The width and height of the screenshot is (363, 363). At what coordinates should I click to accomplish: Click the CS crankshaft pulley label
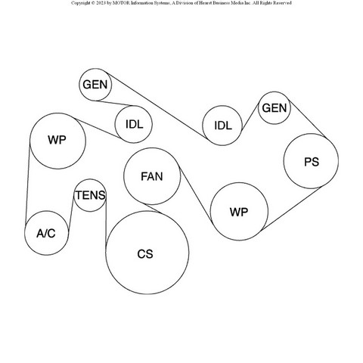coord(145,254)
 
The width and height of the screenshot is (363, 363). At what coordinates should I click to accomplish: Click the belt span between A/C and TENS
coord(71,213)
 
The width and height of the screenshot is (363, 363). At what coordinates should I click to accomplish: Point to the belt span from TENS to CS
coord(106,221)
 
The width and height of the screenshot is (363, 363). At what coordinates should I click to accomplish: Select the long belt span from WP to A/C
coord(28,184)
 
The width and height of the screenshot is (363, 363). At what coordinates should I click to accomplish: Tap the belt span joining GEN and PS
coord(308,119)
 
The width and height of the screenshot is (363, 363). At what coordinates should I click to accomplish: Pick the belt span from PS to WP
coord(291,209)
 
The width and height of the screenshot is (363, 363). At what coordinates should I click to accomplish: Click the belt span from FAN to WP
coord(196,194)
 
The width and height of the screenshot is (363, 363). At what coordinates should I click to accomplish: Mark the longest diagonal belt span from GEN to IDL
coord(157,106)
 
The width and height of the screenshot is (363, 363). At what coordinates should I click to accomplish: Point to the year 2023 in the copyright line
coord(101,3)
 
